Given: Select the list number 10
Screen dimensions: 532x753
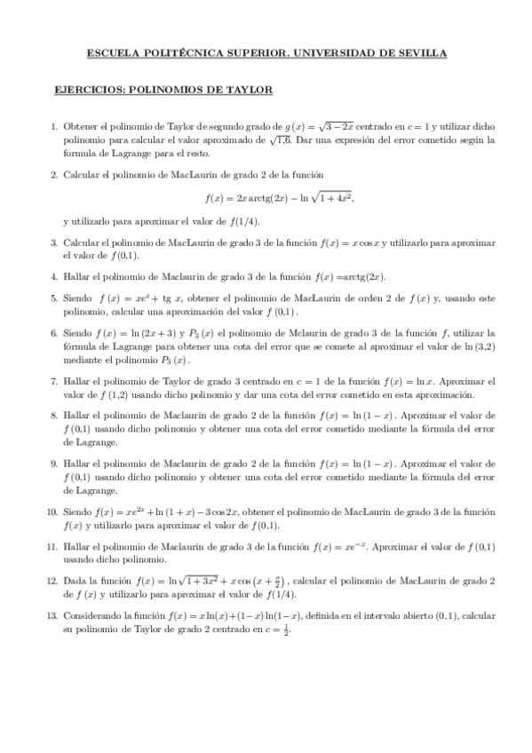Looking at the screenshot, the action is point(52,512).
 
